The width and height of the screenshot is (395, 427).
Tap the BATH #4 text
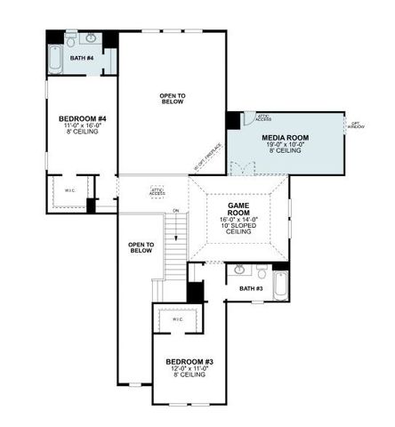pyautogui.click(x=83, y=64)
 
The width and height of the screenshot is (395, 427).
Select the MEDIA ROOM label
pyautogui.click(x=285, y=138)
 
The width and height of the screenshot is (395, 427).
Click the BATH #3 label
pyautogui.click(x=252, y=289)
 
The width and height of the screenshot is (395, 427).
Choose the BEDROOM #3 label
pyautogui.click(x=190, y=361)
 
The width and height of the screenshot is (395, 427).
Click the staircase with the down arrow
pyautogui.click(x=175, y=245)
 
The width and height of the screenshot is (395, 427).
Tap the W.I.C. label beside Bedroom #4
pyautogui.click(x=70, y=189)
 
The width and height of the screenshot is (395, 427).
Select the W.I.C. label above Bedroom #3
pyautogui.click(x=177, y=318)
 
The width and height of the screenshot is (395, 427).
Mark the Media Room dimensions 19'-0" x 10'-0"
pyautogui.click(x=285, y=145)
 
